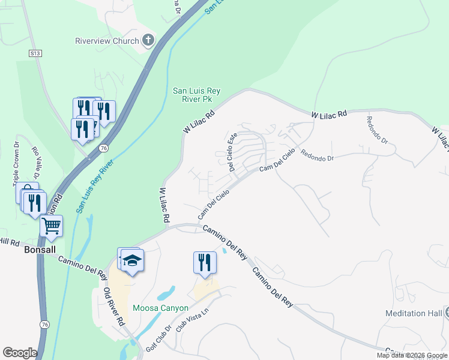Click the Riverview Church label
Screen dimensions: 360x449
(x=107, y=41)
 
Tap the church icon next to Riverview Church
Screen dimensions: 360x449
(x=148, y=41)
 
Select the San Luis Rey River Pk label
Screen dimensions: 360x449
(x=196, y=95)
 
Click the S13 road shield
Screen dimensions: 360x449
(x=35, y=53)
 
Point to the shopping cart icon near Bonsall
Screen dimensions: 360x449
(x=52, y=226)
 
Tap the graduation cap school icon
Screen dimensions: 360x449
(x=132, y=260)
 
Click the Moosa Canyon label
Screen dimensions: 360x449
(x=160, y=308)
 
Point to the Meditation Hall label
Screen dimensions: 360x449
(x=414, y=313)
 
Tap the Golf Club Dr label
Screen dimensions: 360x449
(x=158, y=340)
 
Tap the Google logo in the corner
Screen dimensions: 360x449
(x=19, y=352)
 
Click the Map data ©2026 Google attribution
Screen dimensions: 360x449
(x=412, y=355)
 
